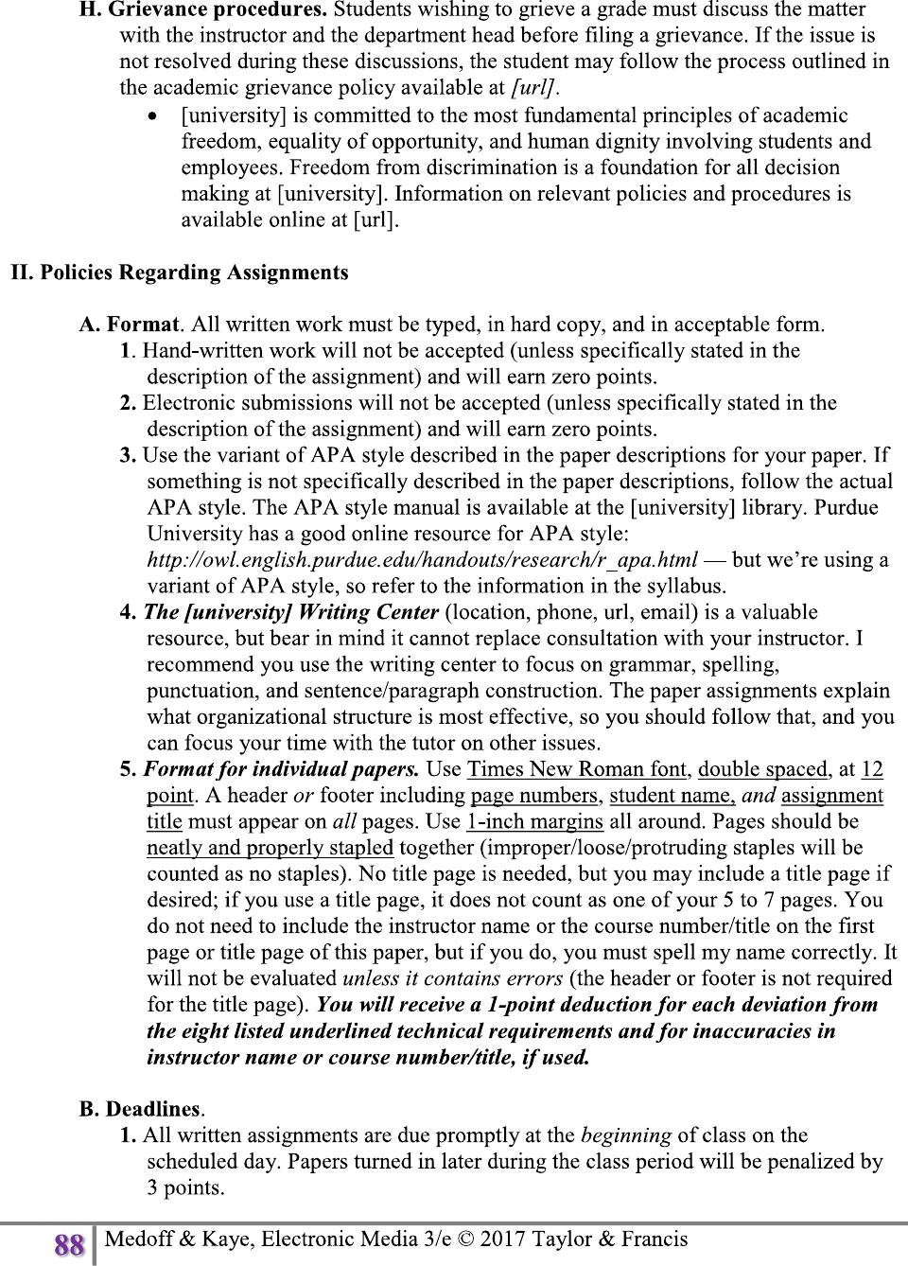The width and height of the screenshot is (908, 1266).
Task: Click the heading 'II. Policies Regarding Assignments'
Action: (180, 273)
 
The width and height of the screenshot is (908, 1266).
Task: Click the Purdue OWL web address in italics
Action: (423, 559)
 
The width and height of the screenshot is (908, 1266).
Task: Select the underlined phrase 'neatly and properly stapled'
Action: (270, 847)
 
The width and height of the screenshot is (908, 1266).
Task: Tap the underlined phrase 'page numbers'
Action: (534, 795)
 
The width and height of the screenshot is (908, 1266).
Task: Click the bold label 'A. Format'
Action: (130, 325)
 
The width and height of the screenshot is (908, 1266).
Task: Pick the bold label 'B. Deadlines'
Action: (140, 1108)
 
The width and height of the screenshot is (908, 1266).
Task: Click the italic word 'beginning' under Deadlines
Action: (626, 1134)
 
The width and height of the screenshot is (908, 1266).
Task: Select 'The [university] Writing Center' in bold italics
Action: (290, 611)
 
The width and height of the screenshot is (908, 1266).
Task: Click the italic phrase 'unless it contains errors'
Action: (452, 977)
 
